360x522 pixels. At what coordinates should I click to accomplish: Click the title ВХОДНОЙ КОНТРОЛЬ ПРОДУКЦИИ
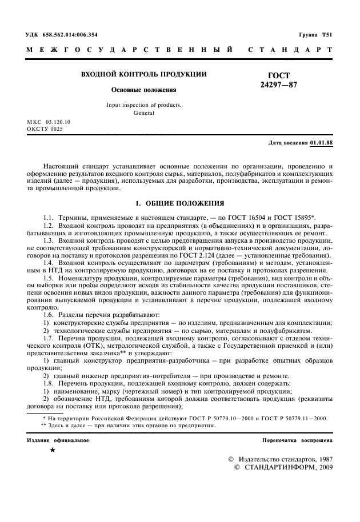tap(143, 74)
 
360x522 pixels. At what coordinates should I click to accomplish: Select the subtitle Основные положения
tap(143, 90)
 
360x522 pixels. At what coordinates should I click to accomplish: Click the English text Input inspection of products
tap(143, 105)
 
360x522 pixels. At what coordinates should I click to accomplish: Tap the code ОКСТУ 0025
tap(45, 129)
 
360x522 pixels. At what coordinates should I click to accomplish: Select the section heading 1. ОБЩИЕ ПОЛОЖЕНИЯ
tap(179, 203)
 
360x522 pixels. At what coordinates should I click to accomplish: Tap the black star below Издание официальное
tap(53, 451)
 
